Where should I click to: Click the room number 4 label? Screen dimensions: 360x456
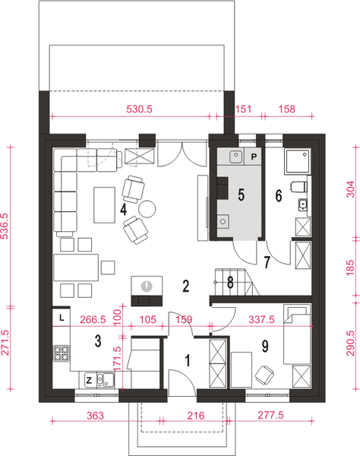pos(124,210)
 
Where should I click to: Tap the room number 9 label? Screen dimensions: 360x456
pos(265,346)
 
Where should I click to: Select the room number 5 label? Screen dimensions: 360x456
pos(242,195)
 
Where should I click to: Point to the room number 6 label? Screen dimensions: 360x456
pos(279,196)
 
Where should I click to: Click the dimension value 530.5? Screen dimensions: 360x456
pos(140,109)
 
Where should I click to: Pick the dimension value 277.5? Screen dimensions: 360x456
pos(271,415)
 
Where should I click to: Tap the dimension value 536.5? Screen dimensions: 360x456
pos(5,226)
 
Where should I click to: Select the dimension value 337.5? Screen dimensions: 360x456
pos(261,320)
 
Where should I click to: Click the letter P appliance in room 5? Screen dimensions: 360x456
pos(254,157)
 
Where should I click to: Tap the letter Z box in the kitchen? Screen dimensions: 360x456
pos(89,380)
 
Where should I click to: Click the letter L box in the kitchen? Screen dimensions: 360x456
pos(62,318)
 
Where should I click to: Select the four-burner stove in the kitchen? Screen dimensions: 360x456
pos(62,353)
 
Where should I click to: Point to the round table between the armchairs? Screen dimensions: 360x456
pos(147,209)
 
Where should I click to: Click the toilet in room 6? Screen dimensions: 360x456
pos(299,187)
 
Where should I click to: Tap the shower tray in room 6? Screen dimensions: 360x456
pos(298,161)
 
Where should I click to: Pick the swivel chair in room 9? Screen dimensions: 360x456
pos(264,374)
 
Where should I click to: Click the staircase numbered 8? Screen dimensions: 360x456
pos(237,281)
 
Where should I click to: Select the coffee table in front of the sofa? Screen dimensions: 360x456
pos(104,205)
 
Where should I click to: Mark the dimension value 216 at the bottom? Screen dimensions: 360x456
pos(195,416)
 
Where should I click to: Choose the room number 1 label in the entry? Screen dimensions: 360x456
pos(188,360)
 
